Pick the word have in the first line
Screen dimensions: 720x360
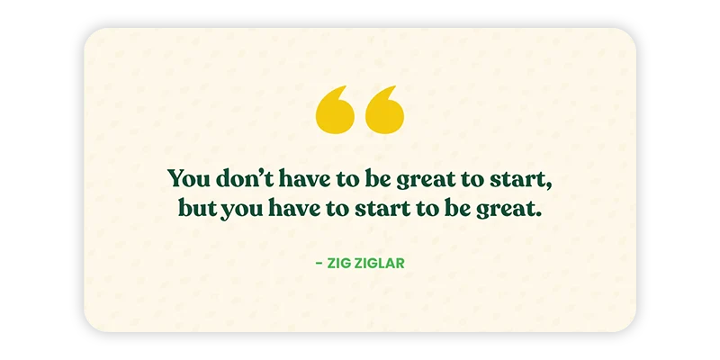point(304,177)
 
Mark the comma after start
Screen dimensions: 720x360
point(548,186)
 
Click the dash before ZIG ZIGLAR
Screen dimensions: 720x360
point(319,264)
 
